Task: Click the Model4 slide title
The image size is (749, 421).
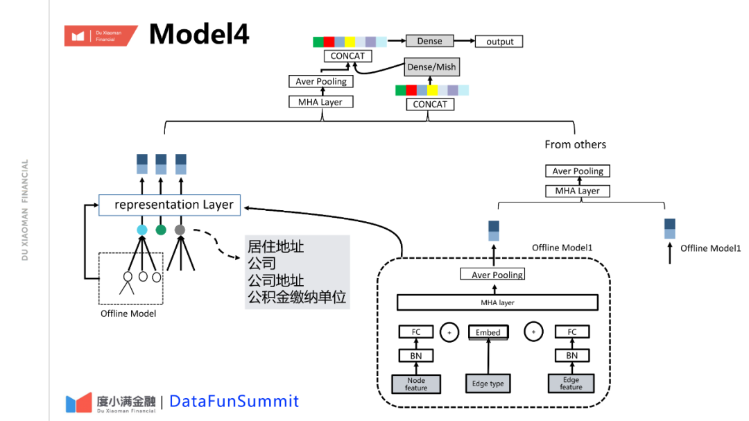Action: click(198, 34)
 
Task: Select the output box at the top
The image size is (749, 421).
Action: click(499, 42)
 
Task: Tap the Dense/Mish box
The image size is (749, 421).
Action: click(431, 67)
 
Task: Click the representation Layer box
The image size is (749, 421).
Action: click(169, 205)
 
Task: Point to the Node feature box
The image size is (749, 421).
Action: click(416, 384)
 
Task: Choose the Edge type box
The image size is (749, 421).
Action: click(488, 384)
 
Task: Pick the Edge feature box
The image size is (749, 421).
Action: click(571, 384)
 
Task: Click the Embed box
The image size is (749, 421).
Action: click(488, 332)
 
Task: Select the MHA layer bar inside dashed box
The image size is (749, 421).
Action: click(497, 302)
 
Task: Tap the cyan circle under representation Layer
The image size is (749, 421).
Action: click(142, 230)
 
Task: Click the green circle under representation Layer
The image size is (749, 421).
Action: click(161, 230)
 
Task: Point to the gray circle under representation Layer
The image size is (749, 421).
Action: click(180, 230)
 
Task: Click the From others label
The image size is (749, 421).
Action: click(575, 144)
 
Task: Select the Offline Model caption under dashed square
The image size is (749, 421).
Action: click(128, 314)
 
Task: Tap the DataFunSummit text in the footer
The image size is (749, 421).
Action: click(234, 401)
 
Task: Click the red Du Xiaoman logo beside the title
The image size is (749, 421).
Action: click(100, 35)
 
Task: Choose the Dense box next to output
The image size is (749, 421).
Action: click(429, 41)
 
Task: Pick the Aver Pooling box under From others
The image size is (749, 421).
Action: click(578, 171)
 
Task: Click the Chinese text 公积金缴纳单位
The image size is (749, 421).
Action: click(297, 298)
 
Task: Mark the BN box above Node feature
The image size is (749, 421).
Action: click(416, 356)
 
